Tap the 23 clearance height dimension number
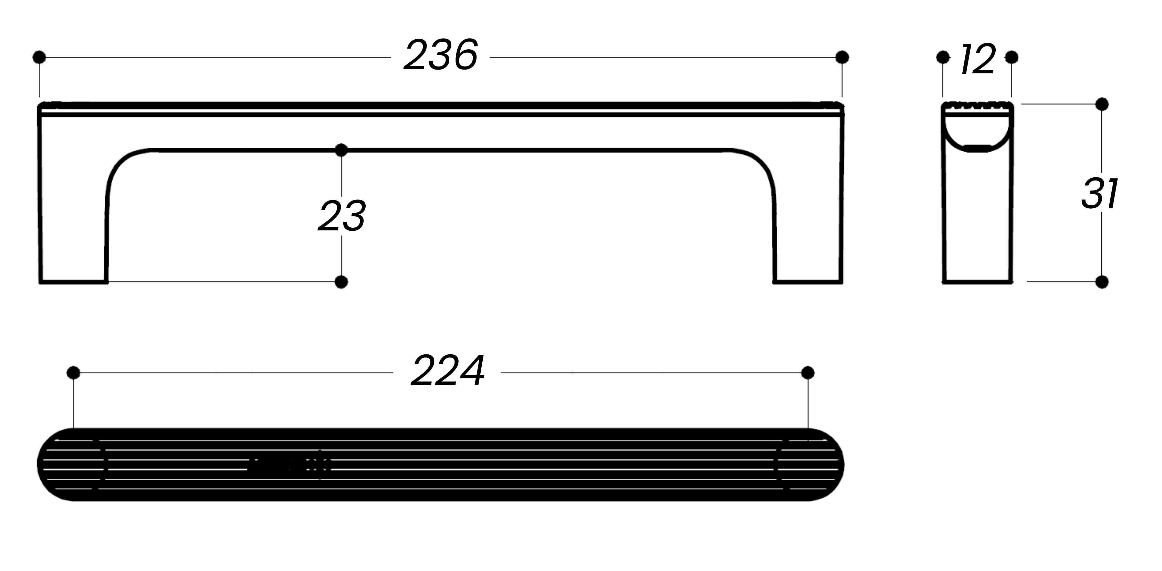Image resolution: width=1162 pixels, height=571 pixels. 342,216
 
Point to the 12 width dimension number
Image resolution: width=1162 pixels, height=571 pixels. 977,59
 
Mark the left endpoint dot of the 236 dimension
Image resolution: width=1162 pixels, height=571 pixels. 39,57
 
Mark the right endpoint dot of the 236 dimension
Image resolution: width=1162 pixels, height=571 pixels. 842,57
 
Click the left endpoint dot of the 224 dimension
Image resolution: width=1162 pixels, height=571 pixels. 73,373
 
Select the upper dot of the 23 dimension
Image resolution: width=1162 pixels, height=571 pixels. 342,150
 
